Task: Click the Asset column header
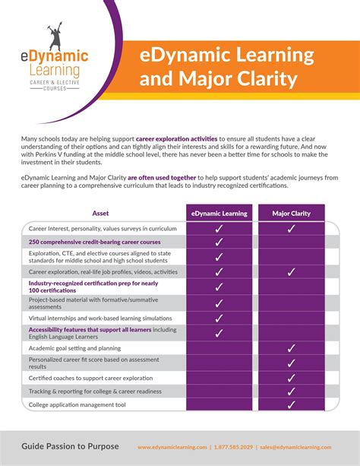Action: [x=101, y=214]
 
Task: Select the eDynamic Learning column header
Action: [x=219, y=214]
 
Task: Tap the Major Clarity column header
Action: [x=291, y=214]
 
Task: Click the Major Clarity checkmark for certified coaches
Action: [x=291, y=377]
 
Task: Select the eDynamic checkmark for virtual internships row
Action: [x=219, y=318]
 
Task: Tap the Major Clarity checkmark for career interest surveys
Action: [x=291, y=228]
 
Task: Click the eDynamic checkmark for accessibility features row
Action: [x=219, y=332]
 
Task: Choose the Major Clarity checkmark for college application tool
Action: [x=291, y=406]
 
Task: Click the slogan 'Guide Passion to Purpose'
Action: [x=70, y=446]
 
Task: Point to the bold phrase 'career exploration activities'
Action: [x=176, y=140]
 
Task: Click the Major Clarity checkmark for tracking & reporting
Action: [x=291, y=392]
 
